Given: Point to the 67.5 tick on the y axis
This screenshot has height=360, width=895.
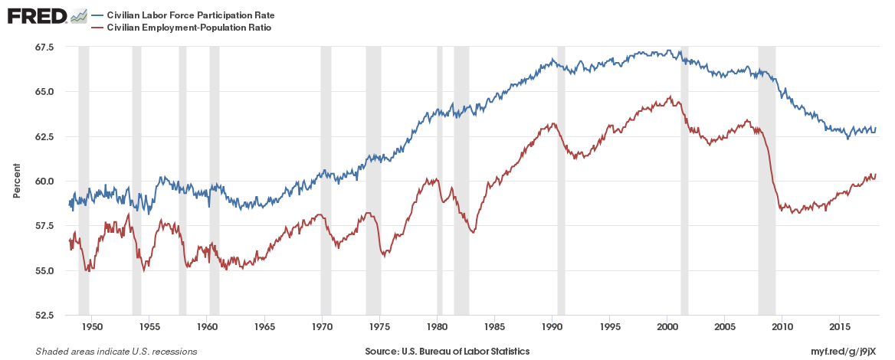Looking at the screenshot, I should [x=44, y=47].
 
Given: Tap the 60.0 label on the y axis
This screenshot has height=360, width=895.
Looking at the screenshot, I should [x=44, y=182].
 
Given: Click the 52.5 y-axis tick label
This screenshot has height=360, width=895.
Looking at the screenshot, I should [x=44, y=316].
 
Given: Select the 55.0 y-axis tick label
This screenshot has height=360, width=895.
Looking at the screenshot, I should [x=44, y=271].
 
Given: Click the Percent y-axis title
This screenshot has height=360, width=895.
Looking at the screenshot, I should [x=16, y=181].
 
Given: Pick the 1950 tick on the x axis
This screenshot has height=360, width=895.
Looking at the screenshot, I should [x=91, y=327].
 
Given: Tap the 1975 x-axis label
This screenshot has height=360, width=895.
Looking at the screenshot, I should [x=379, y=327].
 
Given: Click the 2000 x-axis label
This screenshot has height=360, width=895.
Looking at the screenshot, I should [x=667, y=327].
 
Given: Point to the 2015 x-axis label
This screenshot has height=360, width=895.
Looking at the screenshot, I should [x=840, y=327].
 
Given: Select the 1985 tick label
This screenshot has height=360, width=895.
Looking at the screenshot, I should [x=494, y=327].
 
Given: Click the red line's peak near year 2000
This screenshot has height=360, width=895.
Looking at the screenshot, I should [x=670, y=97].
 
